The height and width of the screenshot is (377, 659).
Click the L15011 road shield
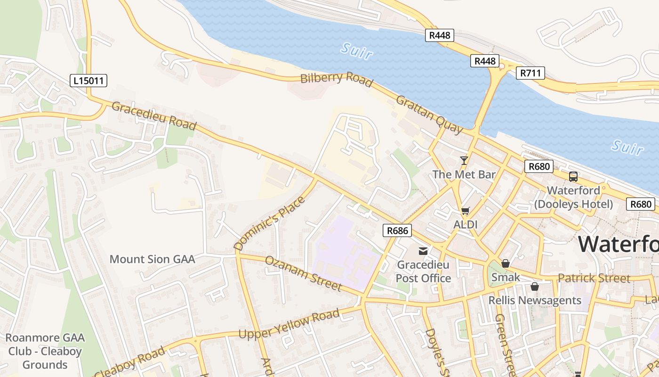pyautogui.click(x=89, y=81)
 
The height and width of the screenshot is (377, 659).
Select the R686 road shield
pyautogui.click(x=397, y=230)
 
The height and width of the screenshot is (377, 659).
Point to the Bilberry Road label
pyautogui.click(x=337, y=79)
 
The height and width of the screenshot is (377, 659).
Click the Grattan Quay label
pyautogui.click(x=429, y=115)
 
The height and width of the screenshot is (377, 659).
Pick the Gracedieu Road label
pyautogui.click(x=154, y=115)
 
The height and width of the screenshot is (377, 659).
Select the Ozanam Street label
pyautogui.click(x=303, y=273)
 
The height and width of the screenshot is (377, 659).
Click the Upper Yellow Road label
pyautogui.click(x=289, y=325)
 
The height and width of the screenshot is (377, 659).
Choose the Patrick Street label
pyautogui.click(x=594, y=278)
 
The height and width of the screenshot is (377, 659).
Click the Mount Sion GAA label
pyautogui.click(x=152, y=259)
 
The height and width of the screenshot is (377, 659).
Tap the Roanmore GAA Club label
pyautogui.click(x=45, y=351)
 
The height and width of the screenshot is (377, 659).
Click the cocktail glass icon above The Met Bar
pyautogui.click(x=464, y=161)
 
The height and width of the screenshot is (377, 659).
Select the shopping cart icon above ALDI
pyautogui.click(x=466, y=211)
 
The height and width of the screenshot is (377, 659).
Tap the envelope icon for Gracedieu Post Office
pyautogui.click(x=423, y=251)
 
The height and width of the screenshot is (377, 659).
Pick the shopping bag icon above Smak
pyautogui.click(x=506, y=263)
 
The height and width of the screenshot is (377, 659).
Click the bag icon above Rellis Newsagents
pyautogui.click(x=535, y=287)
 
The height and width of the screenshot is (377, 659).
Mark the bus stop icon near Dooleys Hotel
pyautogui.click(x=573, y=177)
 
